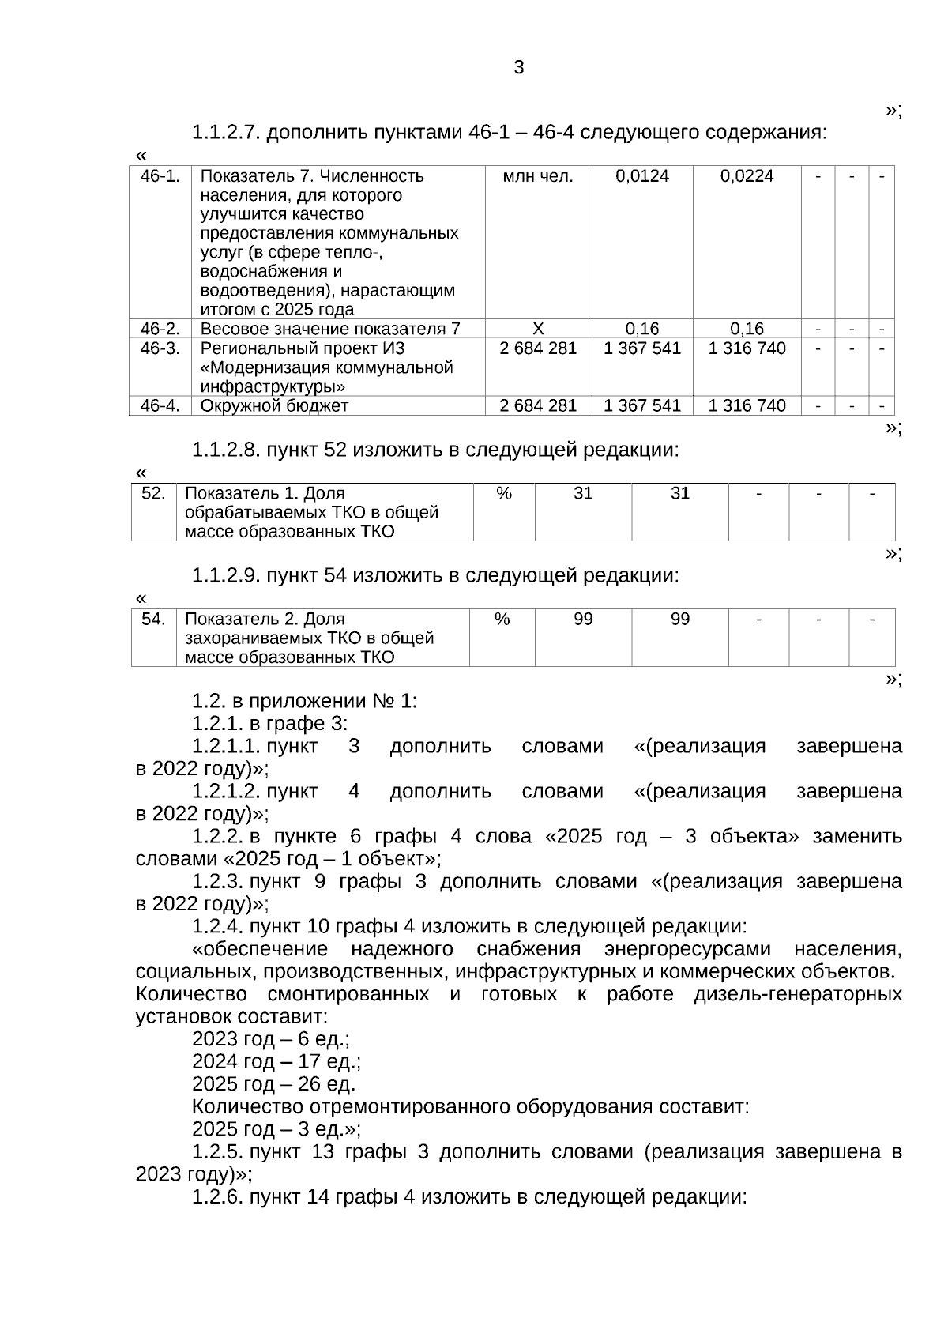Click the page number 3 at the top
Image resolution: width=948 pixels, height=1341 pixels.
pos(518,68)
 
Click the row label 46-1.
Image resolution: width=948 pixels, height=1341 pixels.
pos(160,176)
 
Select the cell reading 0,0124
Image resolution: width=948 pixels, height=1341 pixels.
pos(641,176)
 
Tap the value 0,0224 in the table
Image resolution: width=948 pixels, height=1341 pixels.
pos(747,176)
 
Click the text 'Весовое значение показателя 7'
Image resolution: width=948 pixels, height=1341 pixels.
pos(330,329)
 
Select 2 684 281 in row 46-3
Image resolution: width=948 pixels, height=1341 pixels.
pos(538,348)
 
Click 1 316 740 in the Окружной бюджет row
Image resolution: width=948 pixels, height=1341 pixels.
pos(747,406)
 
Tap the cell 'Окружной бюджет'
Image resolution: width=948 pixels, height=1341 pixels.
pos(274,406)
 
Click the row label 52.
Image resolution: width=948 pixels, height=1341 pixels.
pos(153,494)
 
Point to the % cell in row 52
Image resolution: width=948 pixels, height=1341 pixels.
pos(503,494)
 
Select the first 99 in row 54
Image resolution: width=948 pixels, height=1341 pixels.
pos(583,620)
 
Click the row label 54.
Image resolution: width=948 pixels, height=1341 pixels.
pos(153,620)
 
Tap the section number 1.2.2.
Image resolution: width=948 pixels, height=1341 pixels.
pos(216,837)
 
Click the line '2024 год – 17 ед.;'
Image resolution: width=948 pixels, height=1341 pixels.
pos(276,1061)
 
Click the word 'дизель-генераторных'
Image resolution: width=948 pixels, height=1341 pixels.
pos(797,994)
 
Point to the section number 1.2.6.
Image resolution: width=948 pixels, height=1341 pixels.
pos(216,1197)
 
